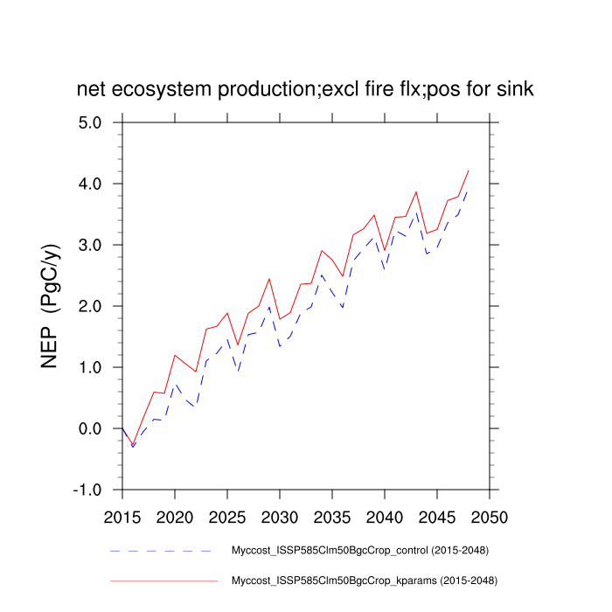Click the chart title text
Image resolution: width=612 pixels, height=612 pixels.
[x=305, y=89]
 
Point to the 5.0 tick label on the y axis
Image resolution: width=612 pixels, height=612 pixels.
[x=89, y=122]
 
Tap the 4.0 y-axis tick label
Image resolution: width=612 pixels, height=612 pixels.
[x=89, y=184]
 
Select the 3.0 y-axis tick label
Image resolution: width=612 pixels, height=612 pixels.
[x=89, y=245]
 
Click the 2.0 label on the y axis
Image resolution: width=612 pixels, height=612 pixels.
[x=89, y=306]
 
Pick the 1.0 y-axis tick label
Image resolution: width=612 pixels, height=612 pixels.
[x=89, y=367]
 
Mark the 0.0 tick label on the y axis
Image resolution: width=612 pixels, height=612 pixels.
[x=89, y=428]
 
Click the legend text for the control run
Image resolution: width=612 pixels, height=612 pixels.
[x=359, y=551]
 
